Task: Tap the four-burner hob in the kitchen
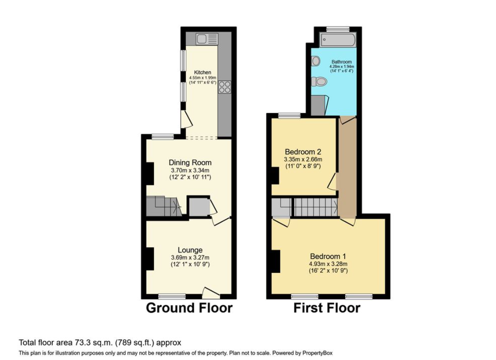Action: click(225, 87)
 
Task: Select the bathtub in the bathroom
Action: click(338, 40)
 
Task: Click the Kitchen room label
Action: click(203, 72)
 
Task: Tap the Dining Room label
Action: click(190, 162)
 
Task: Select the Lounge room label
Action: click(190, 250)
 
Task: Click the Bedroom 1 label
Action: click(328, 256)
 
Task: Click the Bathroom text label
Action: click(342, 62)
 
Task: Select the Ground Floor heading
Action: click(189, 308)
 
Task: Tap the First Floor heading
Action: click(327, 308)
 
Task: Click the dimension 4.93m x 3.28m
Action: click(328, 264)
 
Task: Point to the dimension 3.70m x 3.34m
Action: click(190, 170)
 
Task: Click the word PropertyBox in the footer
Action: click(320, 353)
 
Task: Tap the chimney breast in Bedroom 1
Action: click(276, 261)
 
